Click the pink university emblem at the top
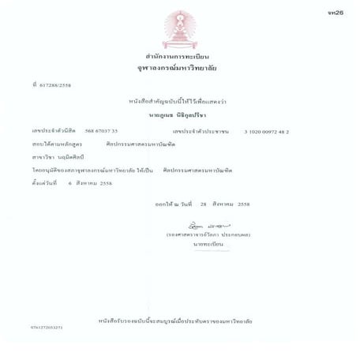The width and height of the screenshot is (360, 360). click(x=178, y=28)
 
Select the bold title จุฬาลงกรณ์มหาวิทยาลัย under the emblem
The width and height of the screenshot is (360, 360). click(x=178, y=69)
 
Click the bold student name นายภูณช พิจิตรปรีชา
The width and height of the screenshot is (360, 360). click(x=179, y=114)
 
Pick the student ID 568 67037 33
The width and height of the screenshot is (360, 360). click(x=101, y=131)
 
